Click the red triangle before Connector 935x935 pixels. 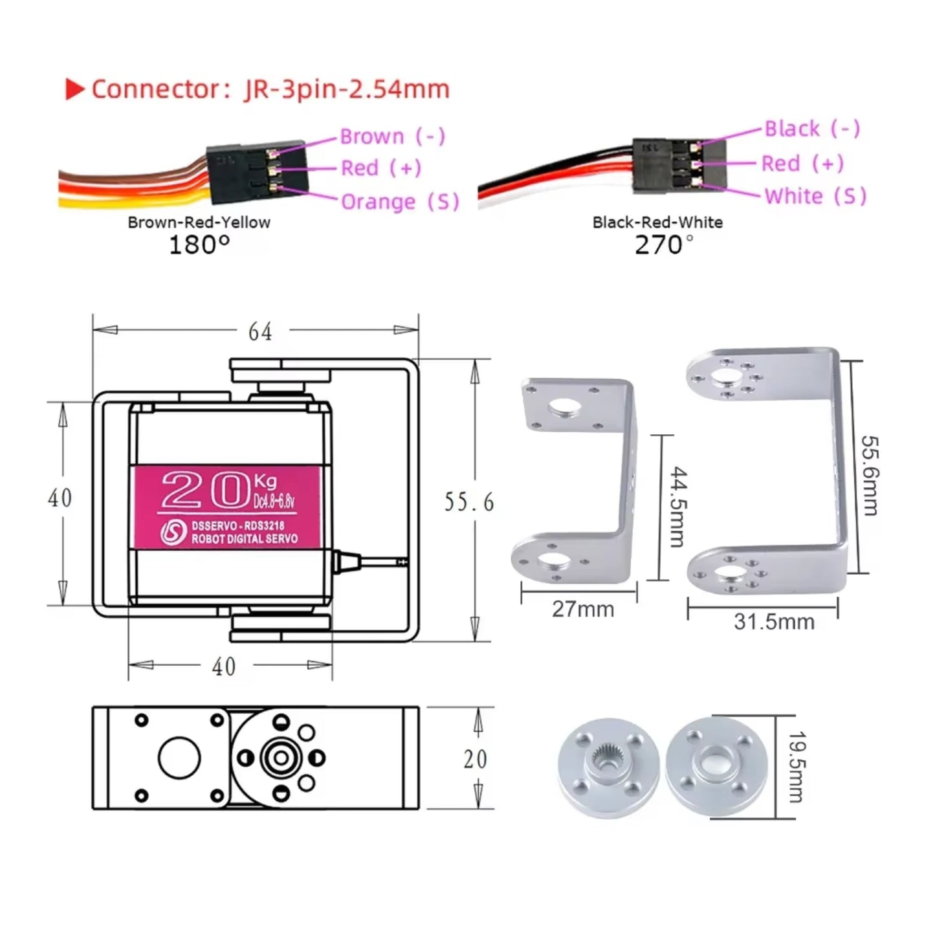pyautogui.click(x=75, y=90)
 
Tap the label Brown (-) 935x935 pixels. pyautogui.click(x=392, y=137)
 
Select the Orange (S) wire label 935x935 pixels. pyautogui.click(x=399, y=202)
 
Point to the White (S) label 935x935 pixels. pyautogui.click(x=815, y=196)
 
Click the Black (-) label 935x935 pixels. pyautogui.click(x=811, y=129)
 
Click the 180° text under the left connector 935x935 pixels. pyautogui.click(x=199, y=245)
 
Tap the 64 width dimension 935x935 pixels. pyautogui.click(x=260, y=331)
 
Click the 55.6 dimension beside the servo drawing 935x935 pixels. pyautogui.click(x=468, y=502)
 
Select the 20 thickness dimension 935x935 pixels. pyautogui.click(x=475, y=759)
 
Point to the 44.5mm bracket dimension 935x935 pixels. pyautogui.click(x=677, y=507)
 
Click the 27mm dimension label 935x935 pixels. pyautogui.click(x=582, y=609)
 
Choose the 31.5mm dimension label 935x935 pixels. pyautogui.click(x=773, y=622)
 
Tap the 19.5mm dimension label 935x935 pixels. pyautogui.click(x=797, y=767)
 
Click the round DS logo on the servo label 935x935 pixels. pyautogui.click(x=173, y=532)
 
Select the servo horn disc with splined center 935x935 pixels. pyautogui.click(x=608, y=767)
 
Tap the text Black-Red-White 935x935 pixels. pyautogui.click(x=657, y=223)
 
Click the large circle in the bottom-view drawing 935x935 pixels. pyautogui.click(x=179, y=758)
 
